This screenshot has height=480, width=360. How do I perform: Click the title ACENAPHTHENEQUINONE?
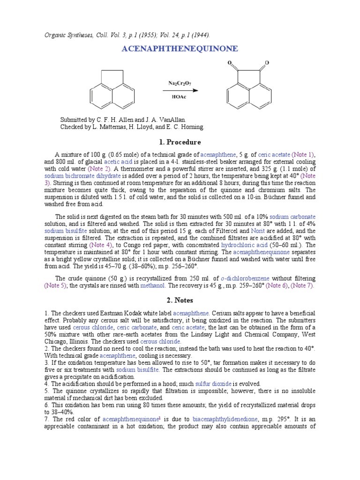click(180, 49)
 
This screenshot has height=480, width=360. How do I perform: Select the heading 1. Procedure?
click(180, 142)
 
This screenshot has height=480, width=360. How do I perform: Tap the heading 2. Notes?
click(180, 300)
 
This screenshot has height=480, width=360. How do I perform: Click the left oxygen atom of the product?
click(231, 62)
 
